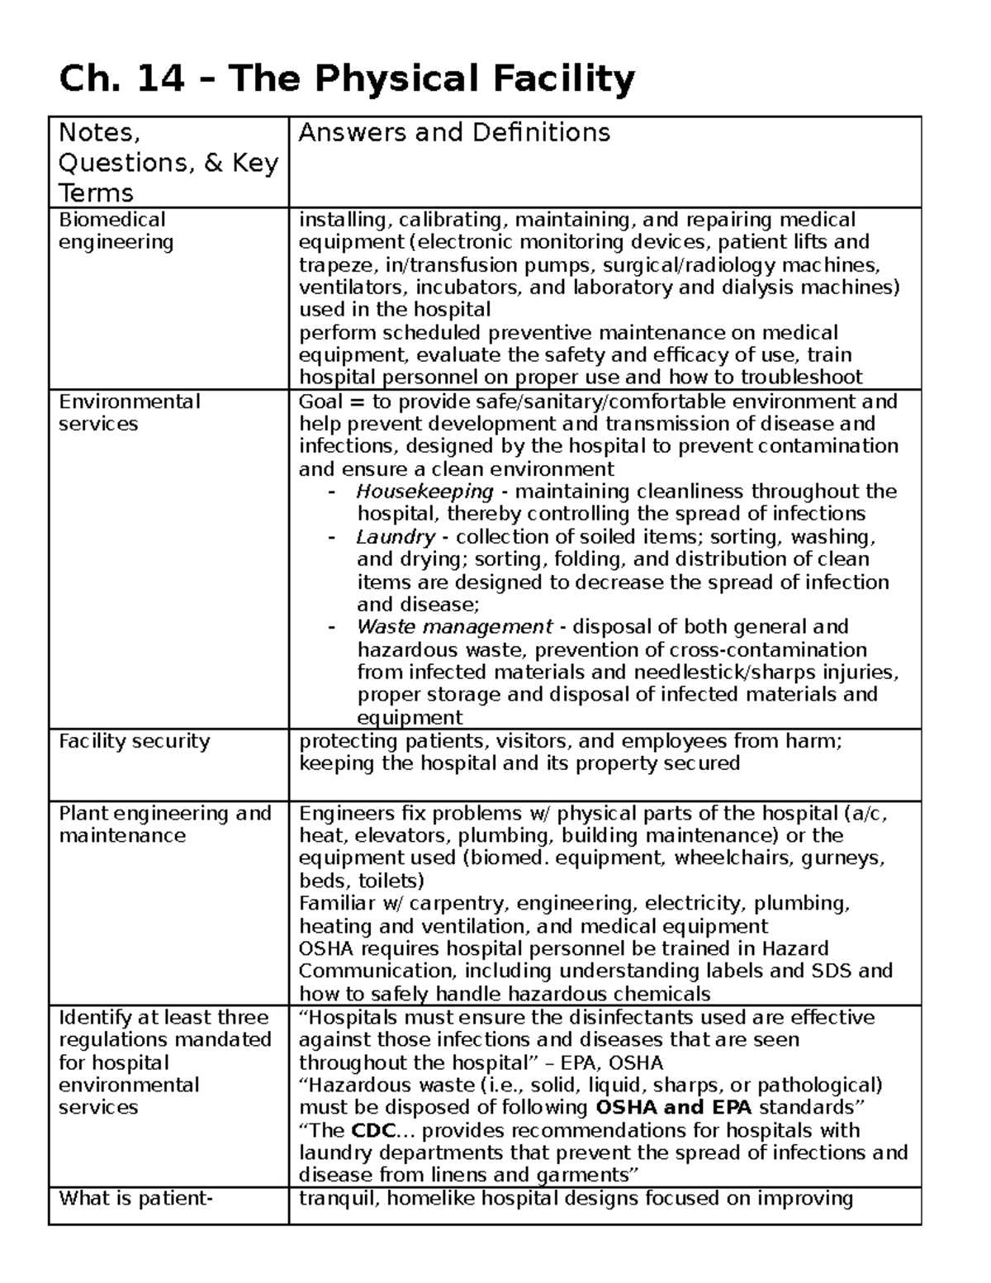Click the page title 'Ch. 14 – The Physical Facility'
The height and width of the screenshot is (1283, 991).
pyautogui.click(x=347, y=80)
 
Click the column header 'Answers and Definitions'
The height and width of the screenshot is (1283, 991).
pyautogui.click(x=453, y=133)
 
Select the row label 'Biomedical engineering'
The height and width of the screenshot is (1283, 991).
pyautogui.click(x=116, y=230)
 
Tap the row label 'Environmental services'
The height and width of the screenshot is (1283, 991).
pyautogui.click(x=129, y=412)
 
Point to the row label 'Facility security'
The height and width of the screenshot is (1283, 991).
pyautogui.click(x=134, y=741)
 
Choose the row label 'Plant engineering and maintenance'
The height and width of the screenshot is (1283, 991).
pyautogui.click(x=164, y=824)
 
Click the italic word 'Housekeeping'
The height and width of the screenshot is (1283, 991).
pyautogui.click(x=424, y=492)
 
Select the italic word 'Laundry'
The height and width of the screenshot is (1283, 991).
pyautogui.click(x=395, y=537)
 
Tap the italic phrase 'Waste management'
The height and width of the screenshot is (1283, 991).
pyautogui.click(x=454, y=627)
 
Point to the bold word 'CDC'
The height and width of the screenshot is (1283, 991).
pyautogui.click(x=368, y=1130)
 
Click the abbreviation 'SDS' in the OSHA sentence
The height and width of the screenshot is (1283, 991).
pyautogui.click(x=829, y=971)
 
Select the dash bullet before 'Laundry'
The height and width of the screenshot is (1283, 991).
pyautogui.click(x=332, y=537)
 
